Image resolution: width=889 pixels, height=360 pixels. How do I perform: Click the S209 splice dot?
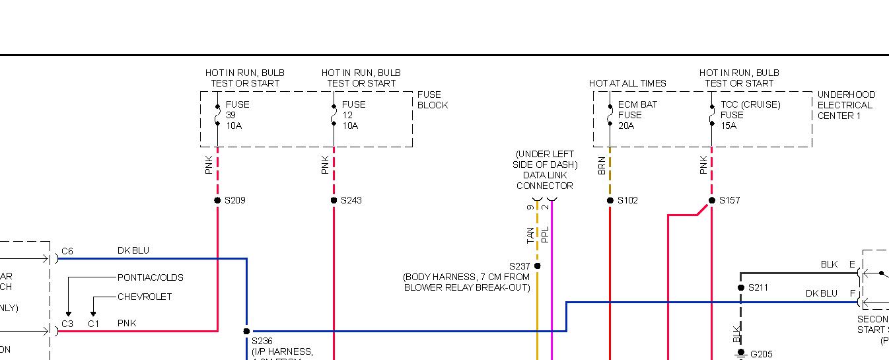pos(217,200)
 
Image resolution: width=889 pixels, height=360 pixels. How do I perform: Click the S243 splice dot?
pos(334,200)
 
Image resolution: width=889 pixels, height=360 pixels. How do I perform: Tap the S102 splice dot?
pos(610,200)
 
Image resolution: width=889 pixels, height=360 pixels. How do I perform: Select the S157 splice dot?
pos(712,200)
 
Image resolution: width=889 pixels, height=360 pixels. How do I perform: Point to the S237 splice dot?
pos(537,266)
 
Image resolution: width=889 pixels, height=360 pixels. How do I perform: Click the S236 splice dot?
pos(246,331)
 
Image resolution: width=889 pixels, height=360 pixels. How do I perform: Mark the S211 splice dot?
pos(741,287)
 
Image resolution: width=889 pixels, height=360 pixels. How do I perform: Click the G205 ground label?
pos(762,354)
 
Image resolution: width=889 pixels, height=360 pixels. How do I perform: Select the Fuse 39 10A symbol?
pos(217,115)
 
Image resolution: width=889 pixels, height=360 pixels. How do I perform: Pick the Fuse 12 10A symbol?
pos(334,115)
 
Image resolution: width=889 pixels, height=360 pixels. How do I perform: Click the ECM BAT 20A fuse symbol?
pos(610,115)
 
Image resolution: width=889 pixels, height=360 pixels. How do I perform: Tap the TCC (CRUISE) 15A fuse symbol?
pos(712,115)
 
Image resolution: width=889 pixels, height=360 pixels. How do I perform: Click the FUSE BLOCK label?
pos(433,100)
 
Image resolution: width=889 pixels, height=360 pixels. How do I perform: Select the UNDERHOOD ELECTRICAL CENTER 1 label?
pos(846,105)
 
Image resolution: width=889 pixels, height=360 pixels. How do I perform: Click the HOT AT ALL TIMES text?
pos(627,83)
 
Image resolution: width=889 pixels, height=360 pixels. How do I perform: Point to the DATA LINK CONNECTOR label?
pos(544,180)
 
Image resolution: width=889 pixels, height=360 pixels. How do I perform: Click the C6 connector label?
pos(67,251)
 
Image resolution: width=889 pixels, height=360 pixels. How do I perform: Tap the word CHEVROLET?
pos(145,297)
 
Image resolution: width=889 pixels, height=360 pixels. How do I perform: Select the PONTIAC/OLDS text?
pos(151,277)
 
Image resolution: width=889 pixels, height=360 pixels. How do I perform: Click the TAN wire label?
pos(531,235)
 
